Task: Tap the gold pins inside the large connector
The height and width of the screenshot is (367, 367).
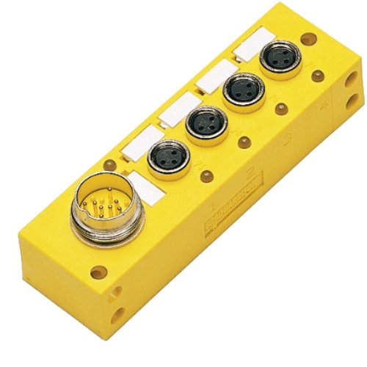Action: tap(93, 208)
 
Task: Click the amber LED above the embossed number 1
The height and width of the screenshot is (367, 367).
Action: tap(208, 175)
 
